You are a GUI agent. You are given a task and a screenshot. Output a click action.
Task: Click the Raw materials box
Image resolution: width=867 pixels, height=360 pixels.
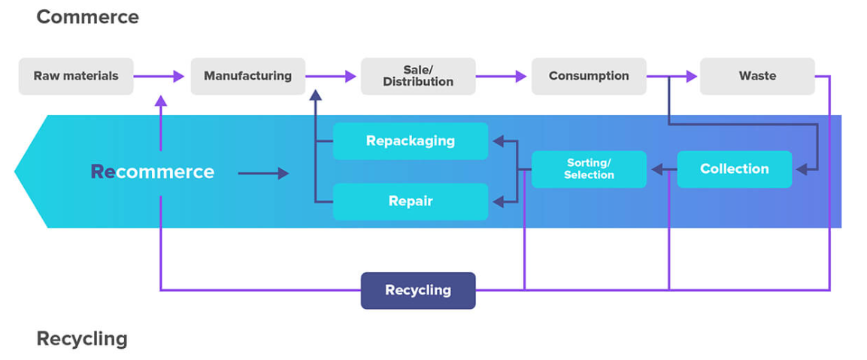[76, 76]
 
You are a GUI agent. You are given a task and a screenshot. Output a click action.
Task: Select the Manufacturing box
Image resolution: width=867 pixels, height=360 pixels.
[247, 76]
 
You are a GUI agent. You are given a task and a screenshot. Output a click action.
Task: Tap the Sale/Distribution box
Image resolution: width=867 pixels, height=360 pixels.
[417, 76]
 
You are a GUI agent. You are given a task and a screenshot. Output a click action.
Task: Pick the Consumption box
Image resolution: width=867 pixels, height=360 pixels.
[588, 76]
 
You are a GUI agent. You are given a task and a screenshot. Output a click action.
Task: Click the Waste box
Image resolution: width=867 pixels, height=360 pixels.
[757, 76]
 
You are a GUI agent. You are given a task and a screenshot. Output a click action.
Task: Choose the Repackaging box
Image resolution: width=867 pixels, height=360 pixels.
[411, 141]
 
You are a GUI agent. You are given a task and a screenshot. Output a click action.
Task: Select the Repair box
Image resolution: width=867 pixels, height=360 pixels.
[411, 201]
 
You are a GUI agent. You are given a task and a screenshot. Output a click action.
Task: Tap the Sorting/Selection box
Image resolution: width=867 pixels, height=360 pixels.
[589, 169]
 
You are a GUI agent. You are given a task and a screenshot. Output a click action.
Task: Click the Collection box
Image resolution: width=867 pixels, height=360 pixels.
[734, 169]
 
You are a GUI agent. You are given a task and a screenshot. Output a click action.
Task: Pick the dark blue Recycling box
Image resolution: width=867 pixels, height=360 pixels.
[418, 290]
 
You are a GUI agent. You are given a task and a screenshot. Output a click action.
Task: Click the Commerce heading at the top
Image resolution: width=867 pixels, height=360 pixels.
[87, 17]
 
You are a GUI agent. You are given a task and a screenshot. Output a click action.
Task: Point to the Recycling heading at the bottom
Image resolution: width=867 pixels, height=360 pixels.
[82, 339]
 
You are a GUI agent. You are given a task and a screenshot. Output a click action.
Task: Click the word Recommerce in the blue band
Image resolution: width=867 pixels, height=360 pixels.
[152, 172]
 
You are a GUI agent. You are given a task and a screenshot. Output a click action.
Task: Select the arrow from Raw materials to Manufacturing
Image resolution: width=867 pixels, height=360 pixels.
[160, 76]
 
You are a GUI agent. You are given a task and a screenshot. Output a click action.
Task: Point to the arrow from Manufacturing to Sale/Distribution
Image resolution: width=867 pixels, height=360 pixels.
[331, 76]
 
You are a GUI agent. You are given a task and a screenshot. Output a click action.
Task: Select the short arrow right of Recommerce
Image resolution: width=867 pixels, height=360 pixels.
[263, 174]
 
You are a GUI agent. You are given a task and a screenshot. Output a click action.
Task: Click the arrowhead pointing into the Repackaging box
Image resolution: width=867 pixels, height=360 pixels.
[497, 140]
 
